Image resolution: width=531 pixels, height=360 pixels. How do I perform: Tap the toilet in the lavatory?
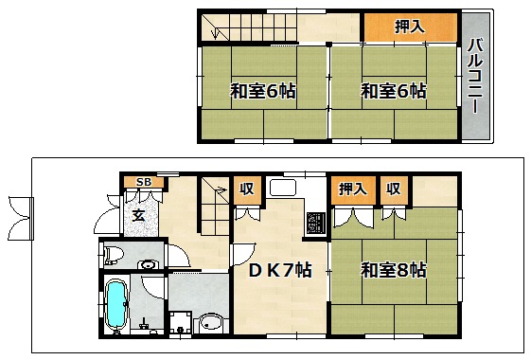[112, 255]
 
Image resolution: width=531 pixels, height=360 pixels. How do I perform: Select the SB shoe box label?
[144, 182]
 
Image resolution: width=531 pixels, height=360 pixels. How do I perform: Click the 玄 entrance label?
[138, 215]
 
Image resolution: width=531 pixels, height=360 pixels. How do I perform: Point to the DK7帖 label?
[280, 270]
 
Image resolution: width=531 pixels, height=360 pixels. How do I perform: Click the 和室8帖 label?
[393, 270]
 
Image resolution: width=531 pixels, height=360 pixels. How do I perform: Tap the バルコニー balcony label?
[475, 76]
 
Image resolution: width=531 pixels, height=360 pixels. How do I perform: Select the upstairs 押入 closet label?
[410, 27]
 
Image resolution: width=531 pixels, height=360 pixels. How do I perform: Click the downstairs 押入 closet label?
[353, 189]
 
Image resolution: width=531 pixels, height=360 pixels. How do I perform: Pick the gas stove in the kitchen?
[316, 223]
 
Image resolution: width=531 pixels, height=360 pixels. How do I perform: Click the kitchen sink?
[283, 188]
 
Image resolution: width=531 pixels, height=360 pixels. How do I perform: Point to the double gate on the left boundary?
[22, 218]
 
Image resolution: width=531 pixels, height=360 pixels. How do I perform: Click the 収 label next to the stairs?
[247, 189]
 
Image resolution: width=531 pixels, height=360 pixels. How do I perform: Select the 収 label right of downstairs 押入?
[394, 189]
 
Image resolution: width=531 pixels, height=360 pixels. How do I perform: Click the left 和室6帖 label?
[263, 91]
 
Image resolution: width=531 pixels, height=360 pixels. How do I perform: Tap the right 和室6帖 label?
[393, 91]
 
